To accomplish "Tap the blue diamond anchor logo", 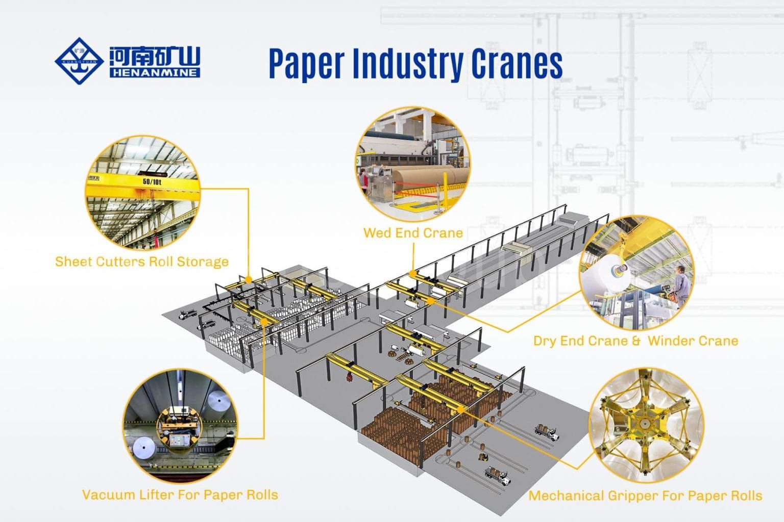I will [79, 61].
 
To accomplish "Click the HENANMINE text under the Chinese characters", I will [155, 73].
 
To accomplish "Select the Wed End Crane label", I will [413, 233].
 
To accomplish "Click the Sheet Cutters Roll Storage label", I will [142, 262].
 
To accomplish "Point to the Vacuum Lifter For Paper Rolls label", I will [180, 494].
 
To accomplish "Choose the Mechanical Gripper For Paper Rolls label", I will [645, 495].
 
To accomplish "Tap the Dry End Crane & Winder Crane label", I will [635, 341].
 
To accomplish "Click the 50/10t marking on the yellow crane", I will [152, 181].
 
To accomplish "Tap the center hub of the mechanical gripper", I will [645, 422].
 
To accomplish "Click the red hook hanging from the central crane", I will [350, 377].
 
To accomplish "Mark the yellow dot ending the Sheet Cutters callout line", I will [248, 279].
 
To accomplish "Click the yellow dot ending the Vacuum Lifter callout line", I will [263, 321].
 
